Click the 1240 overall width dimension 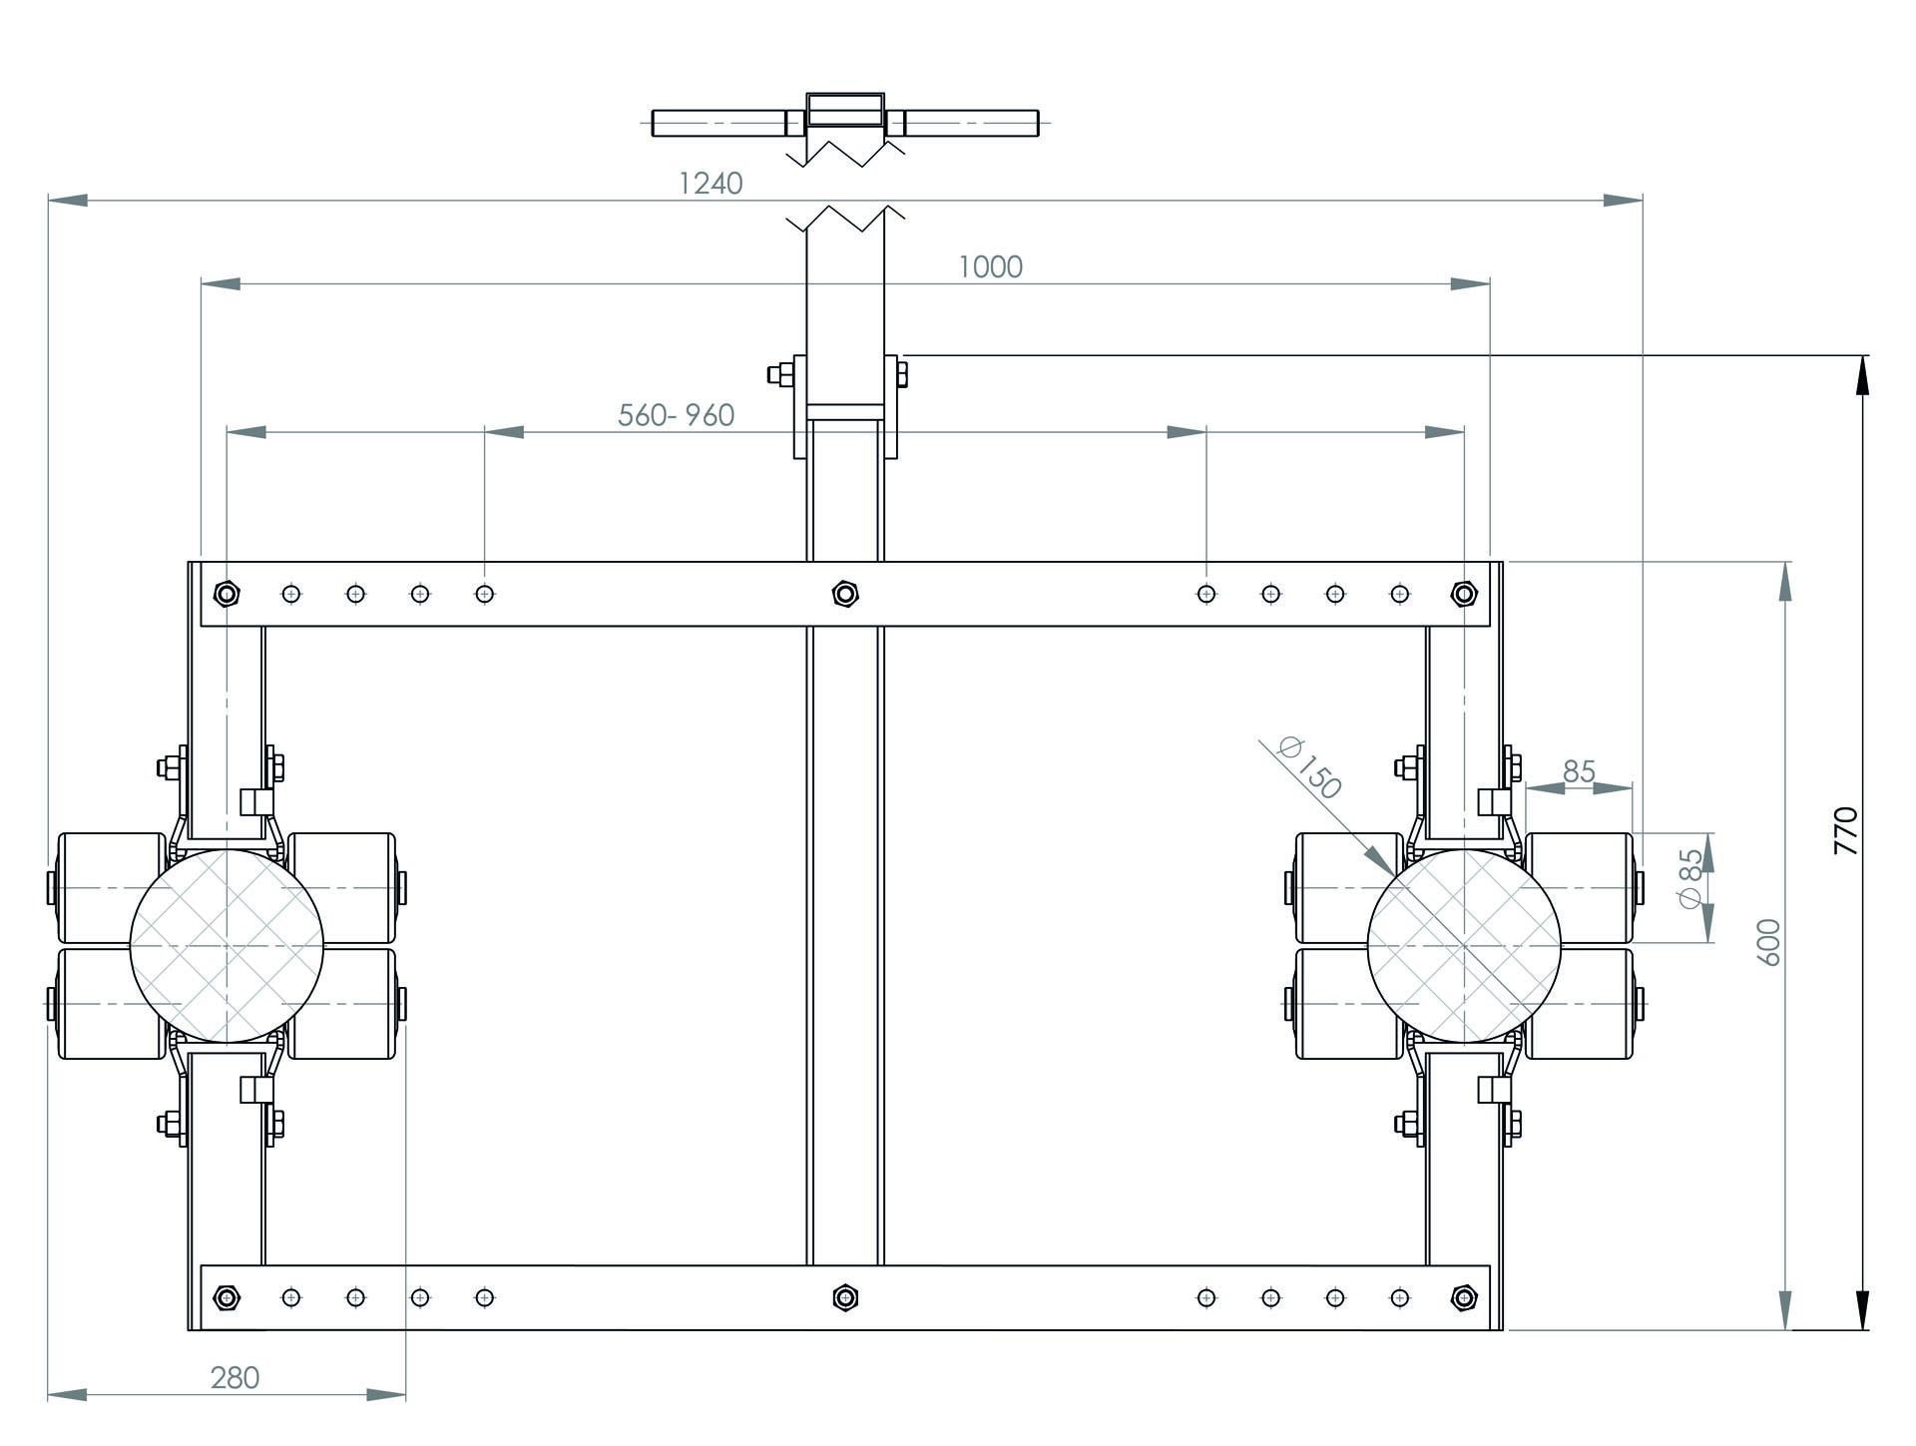point(711,184)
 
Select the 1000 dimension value point(990,267)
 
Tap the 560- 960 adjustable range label point(676,415)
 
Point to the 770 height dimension point(1846,829)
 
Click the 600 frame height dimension point(1768,941)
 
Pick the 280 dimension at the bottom point(235,1377)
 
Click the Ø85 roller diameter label point(1690,878)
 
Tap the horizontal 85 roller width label point(1579,771)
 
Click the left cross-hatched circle point(227,945)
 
